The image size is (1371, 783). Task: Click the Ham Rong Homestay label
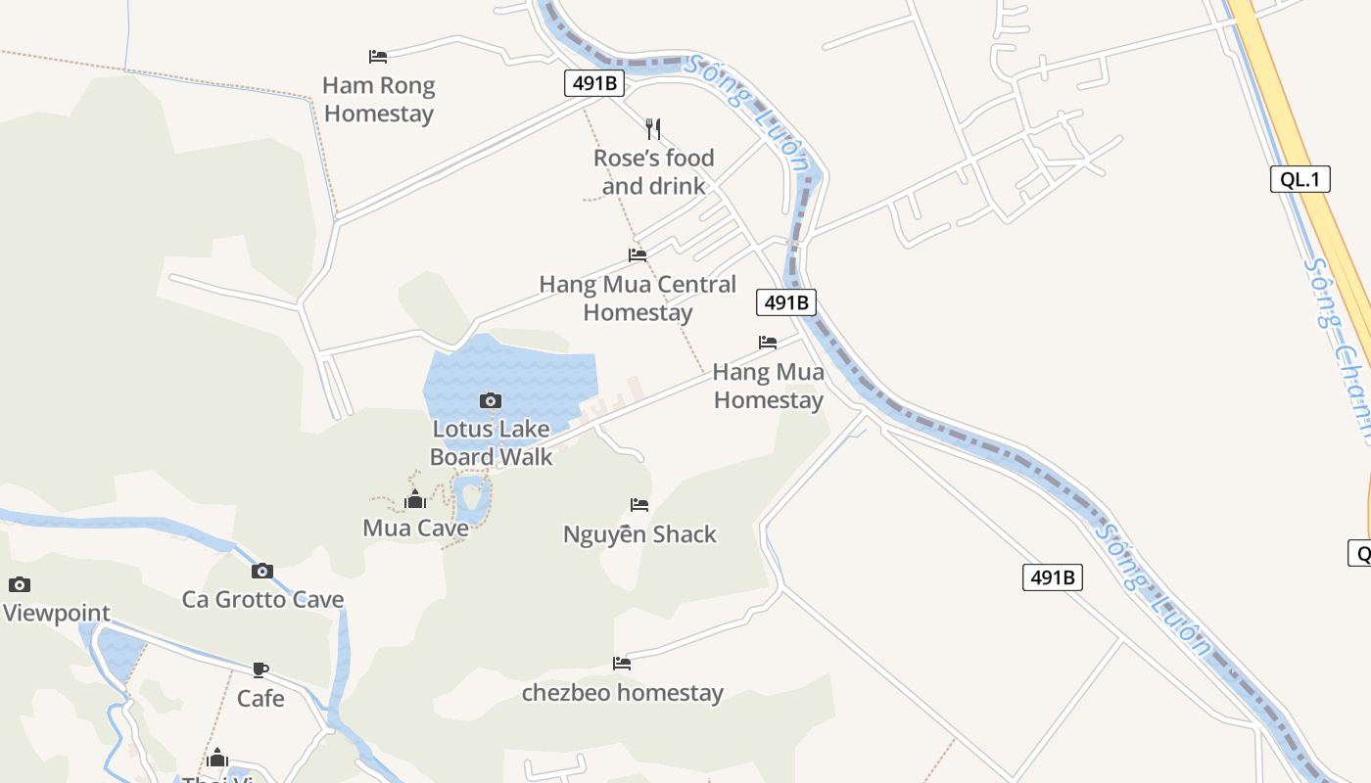379,100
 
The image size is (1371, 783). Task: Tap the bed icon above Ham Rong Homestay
378,57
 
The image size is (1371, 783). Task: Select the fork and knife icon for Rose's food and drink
653,128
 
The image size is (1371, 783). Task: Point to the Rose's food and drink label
653,171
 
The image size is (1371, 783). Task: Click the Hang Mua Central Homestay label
638,299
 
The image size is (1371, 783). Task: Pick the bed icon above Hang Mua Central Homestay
638,255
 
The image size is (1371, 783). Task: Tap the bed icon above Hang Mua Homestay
768,343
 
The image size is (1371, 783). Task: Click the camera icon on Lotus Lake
491,400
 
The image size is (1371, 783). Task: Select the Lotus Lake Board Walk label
491,442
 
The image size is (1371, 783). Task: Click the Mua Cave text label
415,529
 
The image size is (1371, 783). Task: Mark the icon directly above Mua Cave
415,500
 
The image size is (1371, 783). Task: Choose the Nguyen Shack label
639,534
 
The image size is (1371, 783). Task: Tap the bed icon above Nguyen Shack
639,505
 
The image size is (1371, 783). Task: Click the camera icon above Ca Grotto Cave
261,572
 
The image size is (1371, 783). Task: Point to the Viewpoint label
57,614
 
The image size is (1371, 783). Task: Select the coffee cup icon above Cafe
260,670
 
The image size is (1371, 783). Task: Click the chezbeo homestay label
622,693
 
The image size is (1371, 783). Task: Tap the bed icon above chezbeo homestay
622,664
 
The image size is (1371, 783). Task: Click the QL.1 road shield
1300,179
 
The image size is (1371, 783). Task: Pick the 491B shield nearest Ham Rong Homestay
594,83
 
